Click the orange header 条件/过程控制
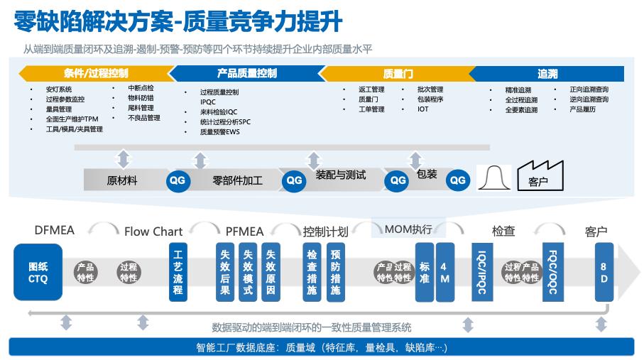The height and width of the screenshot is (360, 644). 96,73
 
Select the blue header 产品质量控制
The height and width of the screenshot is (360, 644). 246,73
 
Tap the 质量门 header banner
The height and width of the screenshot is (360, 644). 398,73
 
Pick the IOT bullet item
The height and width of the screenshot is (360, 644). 423,109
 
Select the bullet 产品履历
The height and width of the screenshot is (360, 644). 582,109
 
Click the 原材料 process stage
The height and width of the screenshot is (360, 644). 122,180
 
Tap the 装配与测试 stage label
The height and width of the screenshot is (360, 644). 340,175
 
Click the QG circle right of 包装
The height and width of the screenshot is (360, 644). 458,180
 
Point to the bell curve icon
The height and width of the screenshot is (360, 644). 494,178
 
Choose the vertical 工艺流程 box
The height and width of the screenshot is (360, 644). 178,272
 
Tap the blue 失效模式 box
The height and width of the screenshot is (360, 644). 248,272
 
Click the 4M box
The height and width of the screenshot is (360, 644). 444,272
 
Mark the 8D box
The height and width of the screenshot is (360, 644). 603,272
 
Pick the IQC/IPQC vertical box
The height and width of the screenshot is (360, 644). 481,272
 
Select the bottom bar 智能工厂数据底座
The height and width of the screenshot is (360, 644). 322,347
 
